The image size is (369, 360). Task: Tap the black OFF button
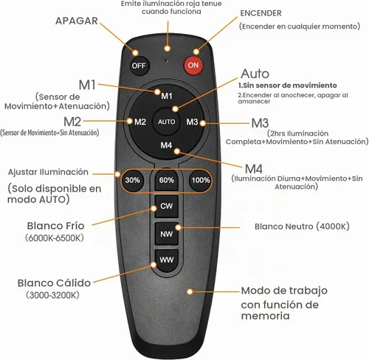[139, 66]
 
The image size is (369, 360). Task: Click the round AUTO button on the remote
[167, 122]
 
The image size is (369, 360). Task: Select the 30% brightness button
[133, 180]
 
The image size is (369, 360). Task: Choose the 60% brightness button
[167, 180]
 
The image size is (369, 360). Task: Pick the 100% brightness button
[201, 180]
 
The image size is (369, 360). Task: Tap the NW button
[167, 234]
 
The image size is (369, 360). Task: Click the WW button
[167, 260]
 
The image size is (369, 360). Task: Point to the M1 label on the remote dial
[167, 96]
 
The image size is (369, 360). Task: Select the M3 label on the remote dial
[192, 122]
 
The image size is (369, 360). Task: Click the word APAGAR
[77, 21]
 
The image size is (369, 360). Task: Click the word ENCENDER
[261, 13]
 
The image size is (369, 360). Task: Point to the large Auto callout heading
[255, 74]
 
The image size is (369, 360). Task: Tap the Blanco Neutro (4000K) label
[302, 226]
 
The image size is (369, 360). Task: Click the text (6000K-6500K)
[55, 238]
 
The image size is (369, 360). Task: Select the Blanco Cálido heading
[54, 283]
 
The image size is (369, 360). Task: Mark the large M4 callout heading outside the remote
[254, 169]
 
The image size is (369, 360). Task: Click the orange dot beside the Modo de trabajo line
[190, 291]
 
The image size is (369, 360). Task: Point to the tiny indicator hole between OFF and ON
[167, 60]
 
